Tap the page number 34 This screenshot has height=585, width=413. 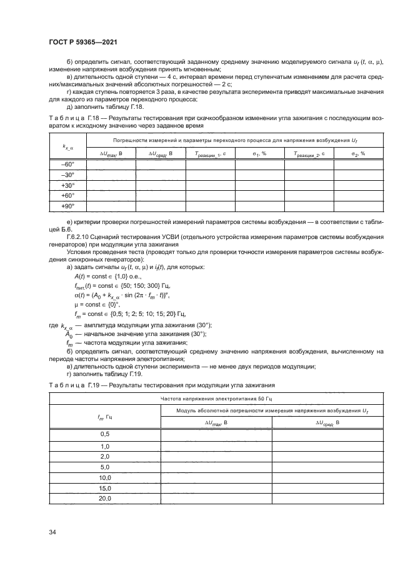pyautogui.click(x=53, y=532)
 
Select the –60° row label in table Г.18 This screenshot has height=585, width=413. pyautogui.click(x=67, y=164)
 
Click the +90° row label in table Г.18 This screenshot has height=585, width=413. pyautogui.click(x=67, y=206)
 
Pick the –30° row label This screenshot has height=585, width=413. pyautogui.click(x=67, y=175)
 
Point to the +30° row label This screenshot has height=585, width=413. pyautogui.click(x=67, y=185)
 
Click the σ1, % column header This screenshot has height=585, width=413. pyautogui.click(x=259, y=153)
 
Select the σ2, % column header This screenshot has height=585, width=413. pyautogui.click(x=358, y=153)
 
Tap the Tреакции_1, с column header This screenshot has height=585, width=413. pyautogui.click(x=210, y=153)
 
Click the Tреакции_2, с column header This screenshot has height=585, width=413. pyautogui.click(x=309, y=153)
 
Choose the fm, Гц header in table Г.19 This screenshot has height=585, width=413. pyautogui.click(x=105, y=415)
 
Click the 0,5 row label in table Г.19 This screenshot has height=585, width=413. pyautogui.click(x=105, y=435)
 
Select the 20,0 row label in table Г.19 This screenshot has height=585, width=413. pyautogui.click(x=105, y=499)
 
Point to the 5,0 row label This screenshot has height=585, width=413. pyautogui.click(x=105, y=467)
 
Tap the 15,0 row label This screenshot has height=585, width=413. pyautogui.click(x=105, y=488)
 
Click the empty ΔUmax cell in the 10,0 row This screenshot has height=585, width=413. pyautogui.click(x=216, y=477)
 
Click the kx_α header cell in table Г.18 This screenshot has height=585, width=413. pyautogui.click(x=67, y=147)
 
